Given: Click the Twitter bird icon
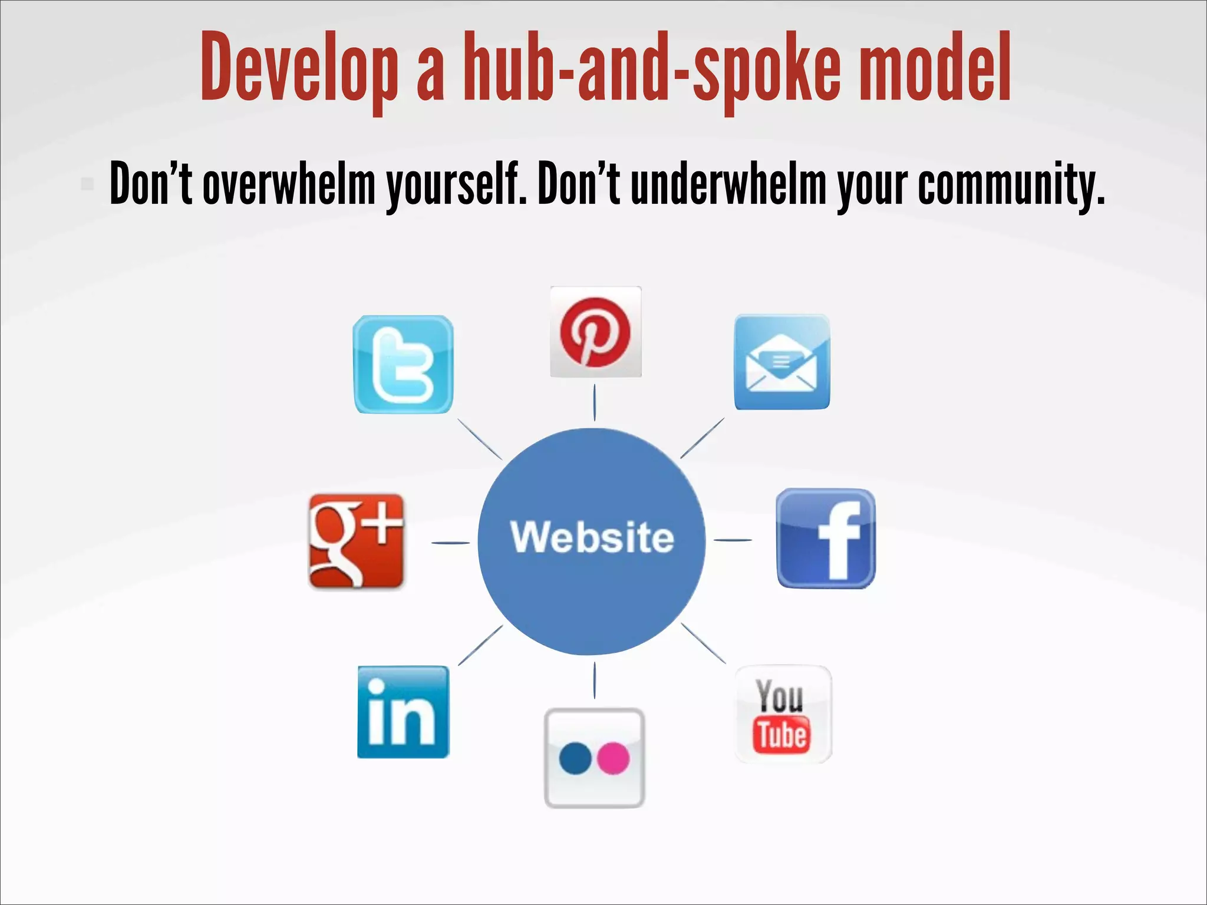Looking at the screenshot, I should click(x=403, y=365).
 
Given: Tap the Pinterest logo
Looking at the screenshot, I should click(x=595, y=332).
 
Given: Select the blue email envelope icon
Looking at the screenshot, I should click(x=781, y=362).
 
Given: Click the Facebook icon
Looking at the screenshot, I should click(x=826, y=539).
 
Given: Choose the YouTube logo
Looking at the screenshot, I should click(x=783, y=714).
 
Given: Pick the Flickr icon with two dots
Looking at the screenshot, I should click(x=594, y=758).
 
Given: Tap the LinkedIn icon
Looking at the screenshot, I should click(x=403, y=712).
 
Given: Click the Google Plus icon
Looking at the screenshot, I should click(x=357, y=541).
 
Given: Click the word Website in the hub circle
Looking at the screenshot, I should click(x=592, y=537).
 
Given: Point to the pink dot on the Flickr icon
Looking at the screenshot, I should click(x=614, y=758).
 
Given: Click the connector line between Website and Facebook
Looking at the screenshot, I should click(x=733, y=540).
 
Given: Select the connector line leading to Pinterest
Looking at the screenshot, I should click(x=594, y=402).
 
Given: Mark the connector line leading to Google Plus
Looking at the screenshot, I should click(x=451, y=543).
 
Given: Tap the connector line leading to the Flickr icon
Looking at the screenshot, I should click(x=594, y=680).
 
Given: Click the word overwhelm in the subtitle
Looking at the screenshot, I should click(x=289, y=184).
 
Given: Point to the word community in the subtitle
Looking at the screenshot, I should click(x=1010, y=184).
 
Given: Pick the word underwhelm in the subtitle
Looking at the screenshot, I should click(x=728, y=184).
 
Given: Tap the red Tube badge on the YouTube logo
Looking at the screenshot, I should click(x=782, y=735).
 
